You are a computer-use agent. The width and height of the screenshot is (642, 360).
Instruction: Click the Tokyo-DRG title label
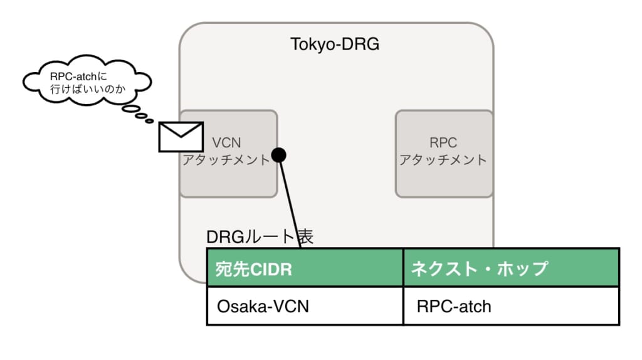click(335, 45)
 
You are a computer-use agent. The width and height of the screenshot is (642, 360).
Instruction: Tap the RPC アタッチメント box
click(443, 153)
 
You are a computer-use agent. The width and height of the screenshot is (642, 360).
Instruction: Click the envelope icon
click(181, 137)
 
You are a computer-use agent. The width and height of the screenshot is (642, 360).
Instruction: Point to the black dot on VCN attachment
click(279, 155)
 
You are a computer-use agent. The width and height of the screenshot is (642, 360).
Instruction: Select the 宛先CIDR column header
click(305, 269)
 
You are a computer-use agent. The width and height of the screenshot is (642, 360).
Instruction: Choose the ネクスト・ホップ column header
click(511, 269)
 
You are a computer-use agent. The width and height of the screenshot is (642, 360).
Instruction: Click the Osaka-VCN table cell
click(305, 307)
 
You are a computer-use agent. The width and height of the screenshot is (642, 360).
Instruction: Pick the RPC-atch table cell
click(511, 307)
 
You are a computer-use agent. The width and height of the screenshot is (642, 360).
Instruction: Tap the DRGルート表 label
click(260, 236)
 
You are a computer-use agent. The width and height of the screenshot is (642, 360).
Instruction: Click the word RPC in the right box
click(443, 142)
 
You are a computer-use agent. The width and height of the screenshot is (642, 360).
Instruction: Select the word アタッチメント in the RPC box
click(443, 160)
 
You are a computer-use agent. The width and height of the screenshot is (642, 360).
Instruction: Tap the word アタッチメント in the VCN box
click(226, 160)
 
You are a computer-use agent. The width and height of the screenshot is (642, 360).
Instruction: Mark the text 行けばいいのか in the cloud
click(88, 90)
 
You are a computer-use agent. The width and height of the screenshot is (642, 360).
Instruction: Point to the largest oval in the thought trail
click(131, 110)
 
